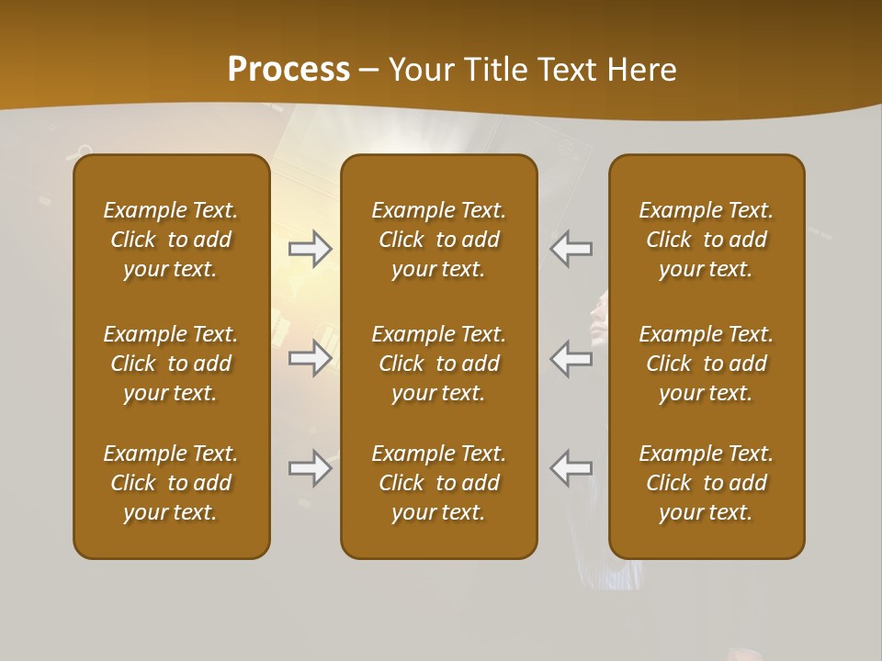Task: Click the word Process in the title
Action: [x=288, y=70]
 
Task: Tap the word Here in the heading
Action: [x=641, y=70]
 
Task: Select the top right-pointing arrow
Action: [x=311, y=249]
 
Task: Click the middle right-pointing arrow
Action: [x=311, y=358]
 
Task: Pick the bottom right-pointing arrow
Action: [x=311, y=468]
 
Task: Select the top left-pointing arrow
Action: [x=571, y=249]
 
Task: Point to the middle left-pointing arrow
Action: [x=571, y=358]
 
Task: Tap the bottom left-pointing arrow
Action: [x=571, y=468]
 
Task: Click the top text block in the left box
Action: [x=171, y=240]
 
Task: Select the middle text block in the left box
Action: [x=171, y=364]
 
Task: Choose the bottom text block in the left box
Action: [x=171, y=483]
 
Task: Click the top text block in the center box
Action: [x=438, y=240]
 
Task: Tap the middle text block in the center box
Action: [x=438, y=364]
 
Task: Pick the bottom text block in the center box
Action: [x=438, y=483]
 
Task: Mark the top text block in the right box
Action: [x=707, y=240]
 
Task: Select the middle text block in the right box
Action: [x=707, y=364]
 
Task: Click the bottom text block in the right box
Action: [x=707, y=483]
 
